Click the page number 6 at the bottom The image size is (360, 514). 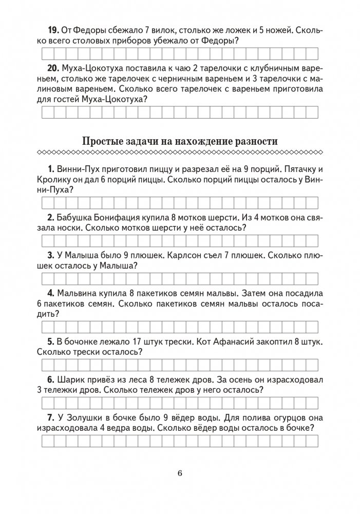180,473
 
